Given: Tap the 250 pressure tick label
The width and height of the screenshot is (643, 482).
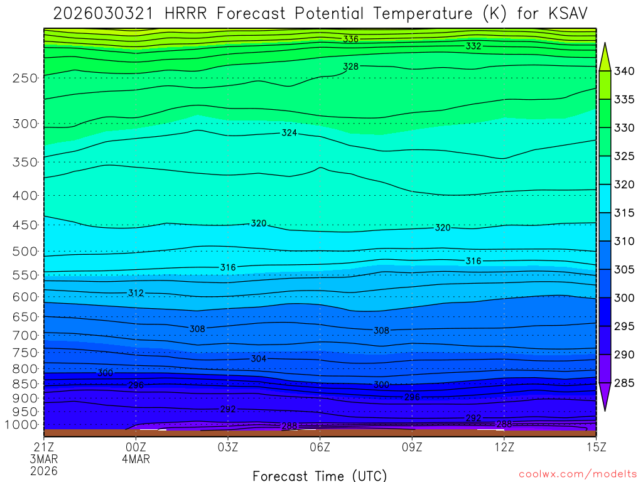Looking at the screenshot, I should [x=25, y=78].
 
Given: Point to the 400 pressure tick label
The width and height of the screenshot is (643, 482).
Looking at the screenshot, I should [x=25, y=195].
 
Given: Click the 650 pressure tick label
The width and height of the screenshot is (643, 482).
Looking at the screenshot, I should [x=25, y=317].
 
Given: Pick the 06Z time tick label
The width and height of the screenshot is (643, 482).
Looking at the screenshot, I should [x=320, y=447].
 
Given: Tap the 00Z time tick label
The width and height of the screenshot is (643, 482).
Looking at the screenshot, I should [x=136, y=447].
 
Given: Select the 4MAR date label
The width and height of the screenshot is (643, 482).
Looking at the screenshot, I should [x=136, y=459].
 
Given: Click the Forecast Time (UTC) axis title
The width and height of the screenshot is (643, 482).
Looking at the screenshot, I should [x=320, y=475].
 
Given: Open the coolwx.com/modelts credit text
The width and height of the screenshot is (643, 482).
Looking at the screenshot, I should [x=577, y=474].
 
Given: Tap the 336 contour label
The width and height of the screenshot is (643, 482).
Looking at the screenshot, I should [x=350, y=39].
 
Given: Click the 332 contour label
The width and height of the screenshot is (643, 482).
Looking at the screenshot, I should [x=473, y=46].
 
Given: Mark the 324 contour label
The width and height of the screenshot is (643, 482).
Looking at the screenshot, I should [x=289, y=133].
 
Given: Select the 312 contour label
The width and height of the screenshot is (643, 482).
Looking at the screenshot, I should [x=136, y=293].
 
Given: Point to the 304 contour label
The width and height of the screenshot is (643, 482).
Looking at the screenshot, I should [x=258, y=359].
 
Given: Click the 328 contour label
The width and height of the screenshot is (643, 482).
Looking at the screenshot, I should [x=350, y=67].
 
